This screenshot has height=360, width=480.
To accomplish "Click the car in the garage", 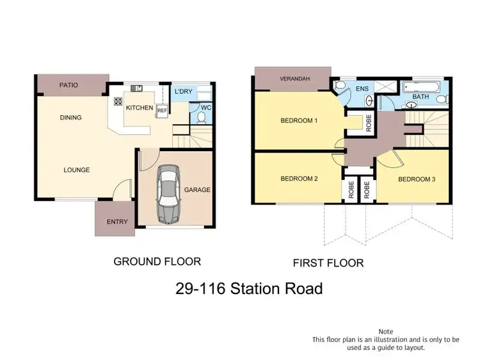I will click(x=168, y=194).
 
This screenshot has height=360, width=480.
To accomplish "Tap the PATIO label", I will click(x=69, y=85).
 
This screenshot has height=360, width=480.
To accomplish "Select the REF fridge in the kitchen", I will click(x=162, y=110).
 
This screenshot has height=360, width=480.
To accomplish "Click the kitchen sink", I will click(x=137, y=88).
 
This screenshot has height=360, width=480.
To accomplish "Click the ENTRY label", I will click(x=117, y=222).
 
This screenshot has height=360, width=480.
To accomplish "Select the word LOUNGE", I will click(x=76, y=170).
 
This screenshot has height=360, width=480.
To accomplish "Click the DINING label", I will click(x=70, y=118).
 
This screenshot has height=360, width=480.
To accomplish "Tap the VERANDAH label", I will click(x=294, y=79).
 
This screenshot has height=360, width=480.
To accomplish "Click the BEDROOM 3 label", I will click(x=417, y=179).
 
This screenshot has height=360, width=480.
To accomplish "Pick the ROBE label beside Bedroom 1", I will click(x=369, y=122).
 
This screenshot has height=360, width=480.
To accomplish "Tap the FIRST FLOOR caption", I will click(x=328, y=263).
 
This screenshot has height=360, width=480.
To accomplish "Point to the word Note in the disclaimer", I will click(x=387, y=331).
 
